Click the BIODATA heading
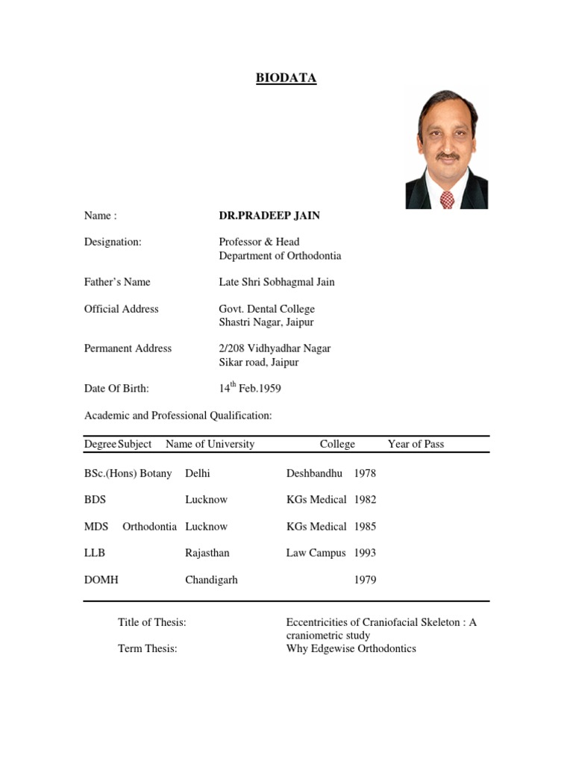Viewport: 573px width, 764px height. [x=286, y=78]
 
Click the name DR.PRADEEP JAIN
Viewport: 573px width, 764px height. [x=269, y=216]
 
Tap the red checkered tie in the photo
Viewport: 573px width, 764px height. [x=446, y=198]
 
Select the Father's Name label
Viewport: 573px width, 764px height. [x=117, y=282]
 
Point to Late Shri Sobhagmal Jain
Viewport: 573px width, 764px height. [x=277, y=282]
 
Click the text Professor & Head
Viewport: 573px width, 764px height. [x=259, y=242]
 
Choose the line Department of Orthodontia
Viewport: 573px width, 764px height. [x=280, y=256]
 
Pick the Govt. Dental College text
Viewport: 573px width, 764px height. [x=266, y=309]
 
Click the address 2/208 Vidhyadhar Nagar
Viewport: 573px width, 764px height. [x=275, y=348]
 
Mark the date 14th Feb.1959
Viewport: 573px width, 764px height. [x=249, y=388]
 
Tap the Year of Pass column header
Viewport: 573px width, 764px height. [x=416, y=444]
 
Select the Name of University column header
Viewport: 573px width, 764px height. [x=210, y=444]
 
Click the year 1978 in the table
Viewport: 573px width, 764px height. [x=365, y=473]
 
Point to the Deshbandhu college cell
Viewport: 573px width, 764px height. [x=314, y=473]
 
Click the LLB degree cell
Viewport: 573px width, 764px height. [x=95, y=553]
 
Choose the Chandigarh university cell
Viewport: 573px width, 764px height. [x=211, y=580]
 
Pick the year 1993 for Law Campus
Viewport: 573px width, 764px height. [x=365, y=553]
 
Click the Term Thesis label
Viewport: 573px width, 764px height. [x=148, y=648]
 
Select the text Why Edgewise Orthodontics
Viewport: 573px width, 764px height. [x=351, y=648]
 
